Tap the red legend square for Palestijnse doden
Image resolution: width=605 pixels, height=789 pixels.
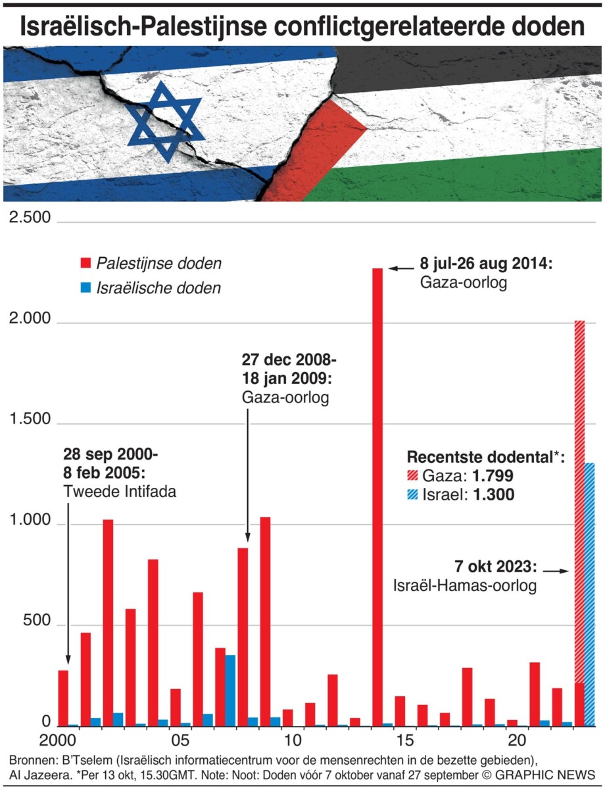pos(85,264)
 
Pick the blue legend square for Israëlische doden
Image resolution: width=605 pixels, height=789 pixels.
pos(85,287)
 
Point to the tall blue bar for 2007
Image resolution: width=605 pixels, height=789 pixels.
pos(230,690)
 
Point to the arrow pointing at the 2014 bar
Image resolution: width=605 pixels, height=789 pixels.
pos(399,268)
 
